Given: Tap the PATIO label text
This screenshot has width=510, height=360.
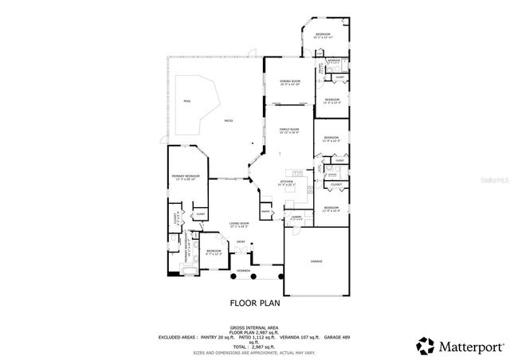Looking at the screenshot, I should point(228,120).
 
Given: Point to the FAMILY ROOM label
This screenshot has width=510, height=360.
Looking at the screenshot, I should point(288,131).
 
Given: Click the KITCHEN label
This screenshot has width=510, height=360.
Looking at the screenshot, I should point(288,182).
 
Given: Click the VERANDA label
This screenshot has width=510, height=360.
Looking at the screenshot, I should point(242,271).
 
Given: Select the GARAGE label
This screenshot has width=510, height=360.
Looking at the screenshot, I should point(316,260).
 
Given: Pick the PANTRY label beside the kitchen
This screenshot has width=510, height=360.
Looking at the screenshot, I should point(265,211).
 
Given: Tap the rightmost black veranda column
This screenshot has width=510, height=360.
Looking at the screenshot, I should point(280,276).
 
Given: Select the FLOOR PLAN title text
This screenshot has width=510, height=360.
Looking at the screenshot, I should point(254,303).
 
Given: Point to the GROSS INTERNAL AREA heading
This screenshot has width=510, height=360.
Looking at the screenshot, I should point(254,327).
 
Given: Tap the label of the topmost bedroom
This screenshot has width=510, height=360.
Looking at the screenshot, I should point(322,34).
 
